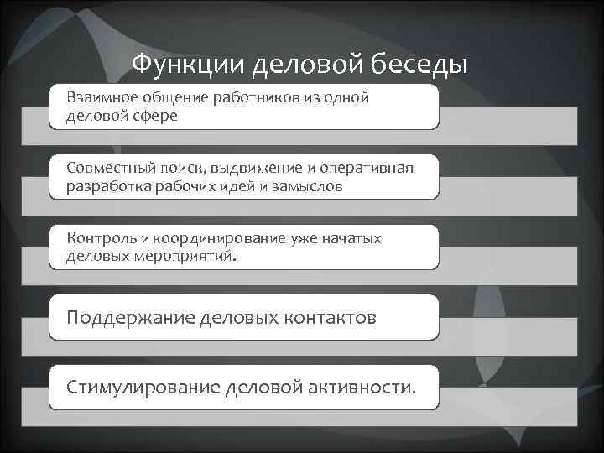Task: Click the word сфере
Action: tap(153, 116)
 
